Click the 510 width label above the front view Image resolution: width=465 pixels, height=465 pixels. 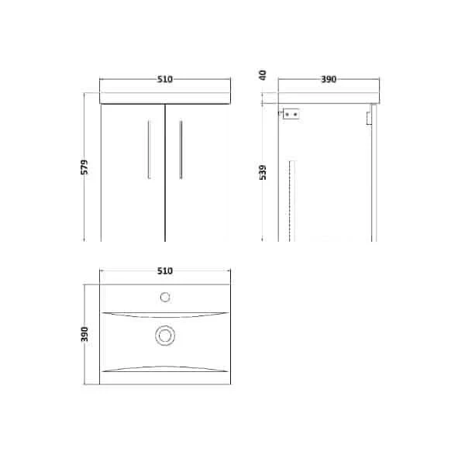click(164, 78)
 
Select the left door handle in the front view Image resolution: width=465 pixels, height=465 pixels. click(149, 150)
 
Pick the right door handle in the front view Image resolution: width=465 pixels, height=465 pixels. click(180, 150)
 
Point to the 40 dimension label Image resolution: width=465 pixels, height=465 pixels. click(263, 75)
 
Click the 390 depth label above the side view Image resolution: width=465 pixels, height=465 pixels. click(329, 78)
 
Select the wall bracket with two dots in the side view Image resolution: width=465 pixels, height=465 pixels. click(291, 114)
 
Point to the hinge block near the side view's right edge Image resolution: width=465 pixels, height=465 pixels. click(367, 116)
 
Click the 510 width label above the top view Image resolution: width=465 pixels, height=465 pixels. click(164, 271)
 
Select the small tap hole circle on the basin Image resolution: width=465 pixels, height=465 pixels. click(164, 296)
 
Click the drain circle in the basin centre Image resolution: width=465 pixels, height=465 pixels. click(164, 335)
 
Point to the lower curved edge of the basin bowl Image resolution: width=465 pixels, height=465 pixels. click(164, 366)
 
